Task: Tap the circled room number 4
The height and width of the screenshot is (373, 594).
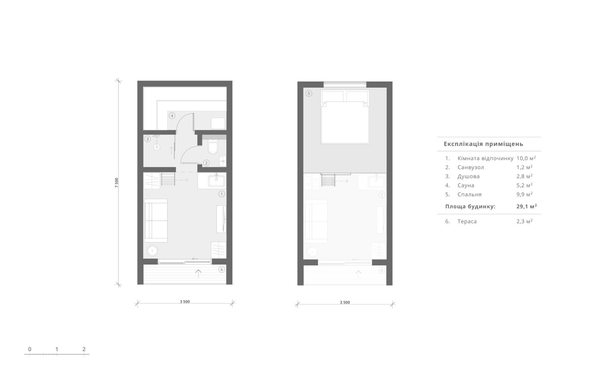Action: [x=172, y=116]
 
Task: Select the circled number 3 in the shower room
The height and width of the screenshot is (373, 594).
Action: [x=148, y=139]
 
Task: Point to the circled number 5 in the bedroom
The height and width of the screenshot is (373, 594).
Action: [x=309, y=93]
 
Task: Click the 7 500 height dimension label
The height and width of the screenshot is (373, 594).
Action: [x=117, y=183]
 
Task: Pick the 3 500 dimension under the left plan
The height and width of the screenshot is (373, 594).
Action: [x=185, y=302]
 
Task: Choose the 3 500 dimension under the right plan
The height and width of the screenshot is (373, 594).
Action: [x=345, y=302]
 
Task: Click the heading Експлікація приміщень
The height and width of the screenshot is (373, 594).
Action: [x=483, y=144]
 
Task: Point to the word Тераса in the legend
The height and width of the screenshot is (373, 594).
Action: [x=467, y=221]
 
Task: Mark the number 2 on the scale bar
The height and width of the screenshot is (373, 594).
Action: [x=84, y=349]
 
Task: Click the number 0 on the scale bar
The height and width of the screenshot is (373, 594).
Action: [x=30, y=349]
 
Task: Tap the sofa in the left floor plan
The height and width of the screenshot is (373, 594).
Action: [x=156, y=221]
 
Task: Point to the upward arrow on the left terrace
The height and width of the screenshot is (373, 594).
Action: [x=198, y=273]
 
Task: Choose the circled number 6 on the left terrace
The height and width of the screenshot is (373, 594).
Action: [x=222, y=270]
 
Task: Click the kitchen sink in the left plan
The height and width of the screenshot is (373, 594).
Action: [x=216, y=181]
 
